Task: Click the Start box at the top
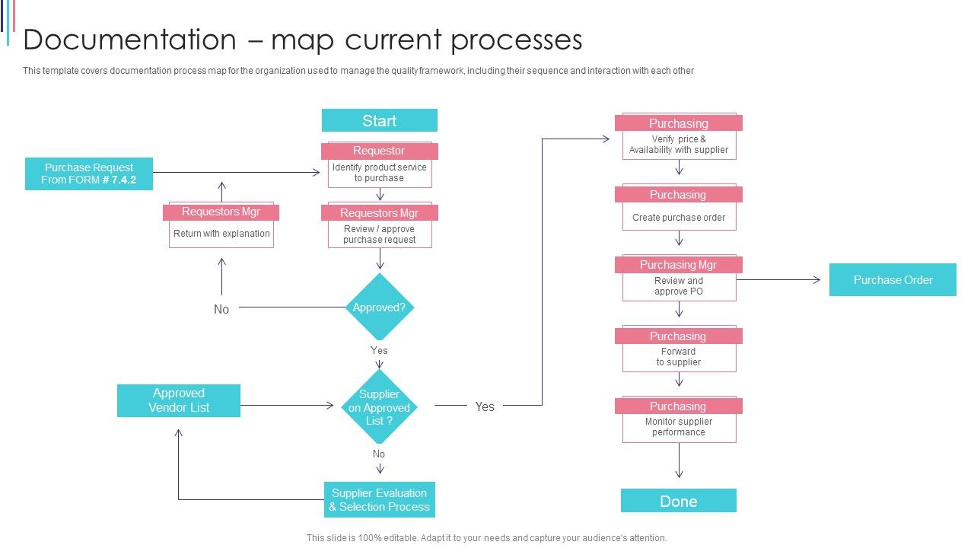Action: coord(379,120)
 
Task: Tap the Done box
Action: coord(678,501)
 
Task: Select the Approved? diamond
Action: coord(379,307)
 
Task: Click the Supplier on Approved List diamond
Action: coord(379,407)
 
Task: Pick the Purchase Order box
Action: coord(892,279)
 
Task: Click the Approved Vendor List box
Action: coord(179,400)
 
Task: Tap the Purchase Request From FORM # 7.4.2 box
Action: coord(89,174)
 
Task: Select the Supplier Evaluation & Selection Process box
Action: coord(379,500)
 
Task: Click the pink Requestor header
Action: coord(379,151)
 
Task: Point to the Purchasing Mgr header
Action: coord(678,265)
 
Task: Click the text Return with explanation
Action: coord(221,234)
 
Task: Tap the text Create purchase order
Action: coord(678,218)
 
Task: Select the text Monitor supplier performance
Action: coord(678,427)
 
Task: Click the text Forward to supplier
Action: coord(678,357)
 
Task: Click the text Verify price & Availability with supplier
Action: coord(678,145)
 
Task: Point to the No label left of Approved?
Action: coord(221,309)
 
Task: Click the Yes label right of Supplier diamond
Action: coord(485,406)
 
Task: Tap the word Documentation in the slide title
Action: coord(129,40)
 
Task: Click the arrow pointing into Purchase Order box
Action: coord(816,280)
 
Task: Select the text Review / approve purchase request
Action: coord(379,234)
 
